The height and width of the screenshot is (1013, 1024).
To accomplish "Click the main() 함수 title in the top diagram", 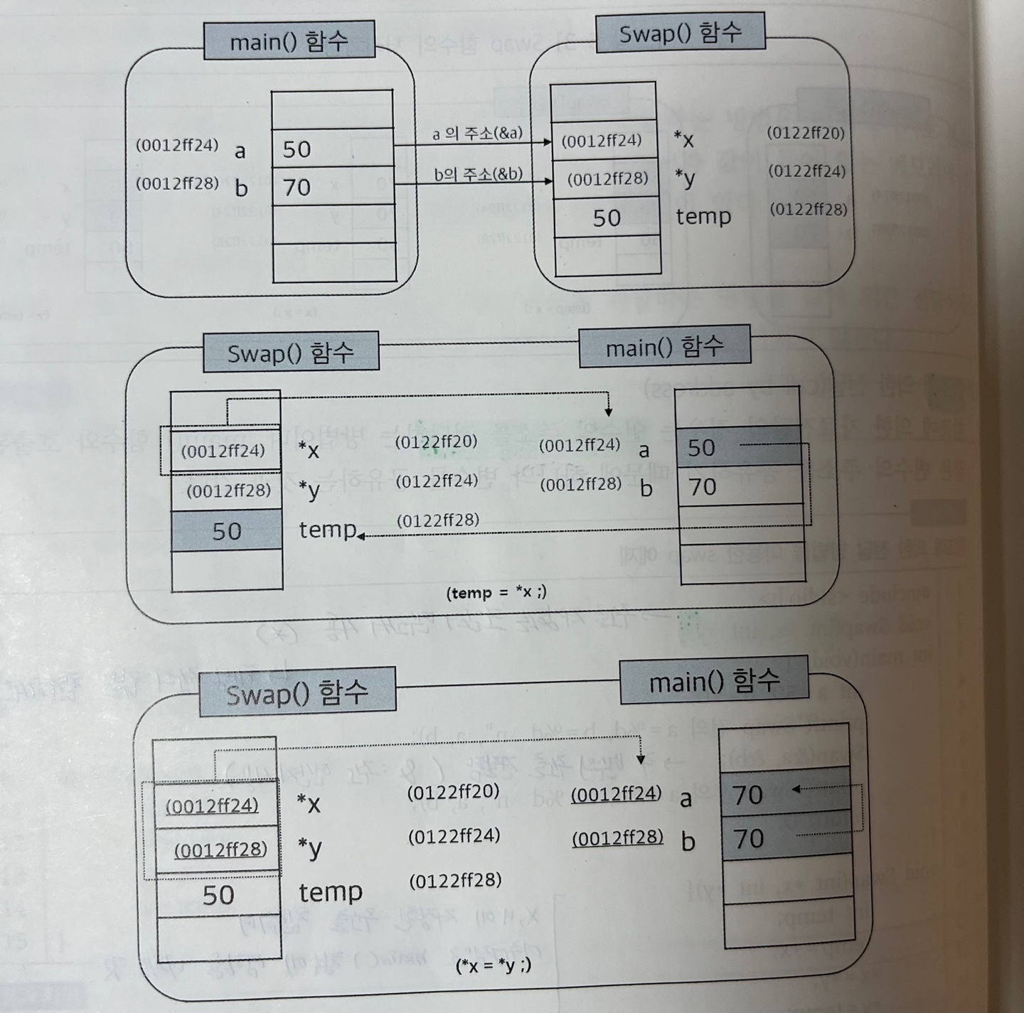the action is (289, 42).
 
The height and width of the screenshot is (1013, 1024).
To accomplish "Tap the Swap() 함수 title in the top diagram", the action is (680, 33).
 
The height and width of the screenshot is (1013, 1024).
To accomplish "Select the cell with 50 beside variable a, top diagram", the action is (332, 149).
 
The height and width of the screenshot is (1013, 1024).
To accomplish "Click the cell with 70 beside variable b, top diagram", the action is (332, 187).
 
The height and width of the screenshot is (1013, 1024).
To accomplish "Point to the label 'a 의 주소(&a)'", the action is (477, 133).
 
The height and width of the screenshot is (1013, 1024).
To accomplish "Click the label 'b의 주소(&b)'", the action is (478, 173).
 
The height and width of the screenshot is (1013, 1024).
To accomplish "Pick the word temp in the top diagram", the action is (703, 216).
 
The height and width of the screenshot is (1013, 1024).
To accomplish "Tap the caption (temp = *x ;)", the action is (496, 592).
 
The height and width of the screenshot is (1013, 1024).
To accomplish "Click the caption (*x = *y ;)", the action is (493, 965).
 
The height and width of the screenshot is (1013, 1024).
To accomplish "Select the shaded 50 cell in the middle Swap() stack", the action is (227, 531).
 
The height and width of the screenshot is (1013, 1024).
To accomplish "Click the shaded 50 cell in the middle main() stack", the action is (738, 447).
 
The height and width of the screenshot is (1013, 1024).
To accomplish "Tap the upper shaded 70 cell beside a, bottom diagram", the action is (785, 793).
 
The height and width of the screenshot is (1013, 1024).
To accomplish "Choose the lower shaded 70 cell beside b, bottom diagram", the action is (785, 838).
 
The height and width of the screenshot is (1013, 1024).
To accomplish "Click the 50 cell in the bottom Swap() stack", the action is (218, 895).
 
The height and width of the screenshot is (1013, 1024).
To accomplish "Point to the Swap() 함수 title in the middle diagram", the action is (290, 353).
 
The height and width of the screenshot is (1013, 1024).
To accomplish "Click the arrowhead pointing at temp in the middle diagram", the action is (361, 536).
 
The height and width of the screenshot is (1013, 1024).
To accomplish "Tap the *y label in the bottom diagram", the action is (309, 847).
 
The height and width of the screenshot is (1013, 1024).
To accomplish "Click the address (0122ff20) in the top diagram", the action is (805, 133).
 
